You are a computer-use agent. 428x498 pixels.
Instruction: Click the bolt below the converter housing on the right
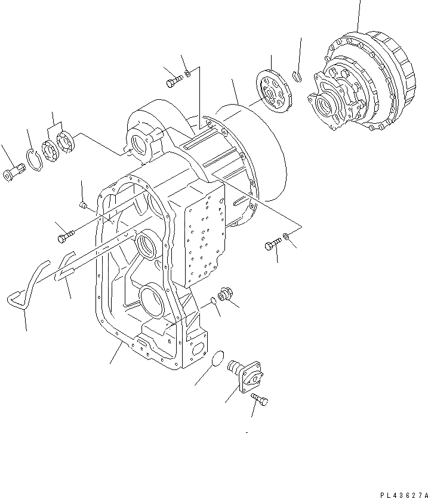tap(272, 244)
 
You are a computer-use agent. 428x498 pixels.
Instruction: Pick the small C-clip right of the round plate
tap(297, 75)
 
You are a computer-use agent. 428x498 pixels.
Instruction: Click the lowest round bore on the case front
tap(151, 301)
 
